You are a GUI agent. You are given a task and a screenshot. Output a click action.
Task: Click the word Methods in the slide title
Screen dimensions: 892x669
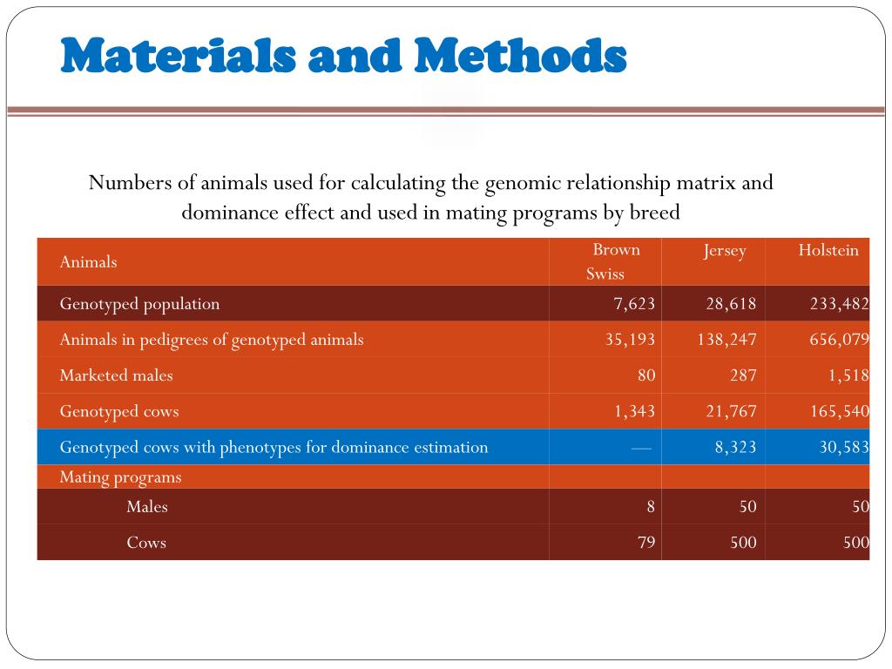point(520,55)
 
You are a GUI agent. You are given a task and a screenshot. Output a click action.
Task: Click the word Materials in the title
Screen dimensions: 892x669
point(178,55)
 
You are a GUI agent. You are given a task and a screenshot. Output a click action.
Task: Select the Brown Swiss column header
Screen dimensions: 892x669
point(611,261)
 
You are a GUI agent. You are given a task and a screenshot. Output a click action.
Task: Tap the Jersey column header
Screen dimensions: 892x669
point(724,251)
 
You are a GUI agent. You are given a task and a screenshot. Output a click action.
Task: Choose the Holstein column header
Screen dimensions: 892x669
point(828,250)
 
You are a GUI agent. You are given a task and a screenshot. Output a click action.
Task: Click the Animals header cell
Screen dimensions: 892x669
point(88,261)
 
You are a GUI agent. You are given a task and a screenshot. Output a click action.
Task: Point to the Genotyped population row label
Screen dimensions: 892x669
point(139,304)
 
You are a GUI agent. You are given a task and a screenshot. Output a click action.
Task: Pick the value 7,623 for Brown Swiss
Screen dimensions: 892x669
point(634,304)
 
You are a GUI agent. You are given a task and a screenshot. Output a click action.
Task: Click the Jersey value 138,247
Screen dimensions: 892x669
point(727,340)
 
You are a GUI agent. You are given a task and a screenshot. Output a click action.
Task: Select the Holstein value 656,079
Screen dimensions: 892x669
point(840,340)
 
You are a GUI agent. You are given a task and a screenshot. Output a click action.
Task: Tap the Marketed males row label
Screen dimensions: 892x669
point(116,375)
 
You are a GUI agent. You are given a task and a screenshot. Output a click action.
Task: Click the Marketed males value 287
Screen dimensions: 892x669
point(743,375)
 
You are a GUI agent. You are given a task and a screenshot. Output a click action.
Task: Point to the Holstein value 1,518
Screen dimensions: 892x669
point(848,375)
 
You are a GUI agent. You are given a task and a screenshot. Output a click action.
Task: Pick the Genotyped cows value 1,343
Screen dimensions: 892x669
point(634,411)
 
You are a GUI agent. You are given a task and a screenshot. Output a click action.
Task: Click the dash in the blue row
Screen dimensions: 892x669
point(641,449)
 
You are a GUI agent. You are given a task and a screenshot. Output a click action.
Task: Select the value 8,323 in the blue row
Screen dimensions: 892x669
point(735,447)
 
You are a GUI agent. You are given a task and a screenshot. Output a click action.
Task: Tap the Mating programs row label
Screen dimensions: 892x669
point(120,477)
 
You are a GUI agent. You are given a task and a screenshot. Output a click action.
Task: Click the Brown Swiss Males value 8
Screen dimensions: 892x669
point(650,507)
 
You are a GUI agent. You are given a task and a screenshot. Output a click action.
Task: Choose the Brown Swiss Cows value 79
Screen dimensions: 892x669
point(646,542)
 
